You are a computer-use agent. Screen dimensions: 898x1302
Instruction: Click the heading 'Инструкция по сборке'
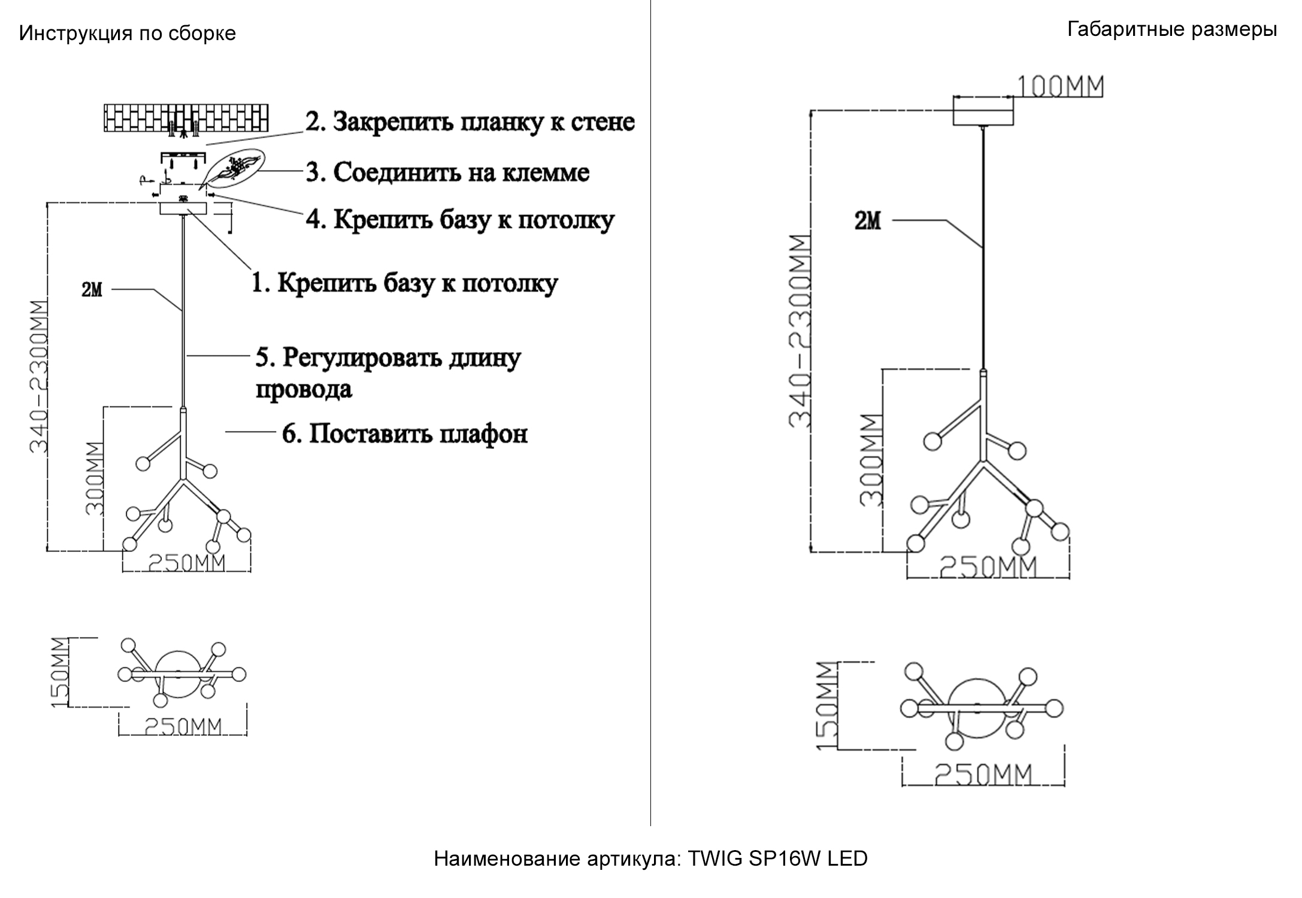(x=127, y=33)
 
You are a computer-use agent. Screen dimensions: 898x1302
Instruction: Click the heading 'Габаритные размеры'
(x=1171, y=29)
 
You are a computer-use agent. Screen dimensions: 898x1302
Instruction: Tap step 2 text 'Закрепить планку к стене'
(x=470, y=122)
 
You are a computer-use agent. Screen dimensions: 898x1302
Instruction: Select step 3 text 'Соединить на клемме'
(x=447, y=172)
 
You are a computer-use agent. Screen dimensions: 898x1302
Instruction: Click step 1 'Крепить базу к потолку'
(x=404, y=283)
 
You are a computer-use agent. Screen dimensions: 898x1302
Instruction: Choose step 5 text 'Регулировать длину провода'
(x=388, y=372)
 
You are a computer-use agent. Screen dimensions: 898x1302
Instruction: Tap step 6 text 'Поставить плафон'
(x=405, y=433)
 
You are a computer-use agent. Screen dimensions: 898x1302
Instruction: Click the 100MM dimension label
(x=1059, y=87)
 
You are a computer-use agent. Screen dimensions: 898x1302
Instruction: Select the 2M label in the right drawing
(x=868, y=222)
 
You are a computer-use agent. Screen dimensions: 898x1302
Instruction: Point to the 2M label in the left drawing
(x=92, y=290)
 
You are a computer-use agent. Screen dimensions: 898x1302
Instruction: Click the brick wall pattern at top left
(x=186, y=118)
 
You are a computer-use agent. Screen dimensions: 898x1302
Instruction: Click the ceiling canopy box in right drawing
(x=983, y=112)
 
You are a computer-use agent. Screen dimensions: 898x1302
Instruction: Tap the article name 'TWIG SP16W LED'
(x=777, y=858)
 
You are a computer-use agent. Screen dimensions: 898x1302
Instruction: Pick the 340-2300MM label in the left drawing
(x=39, y=377)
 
